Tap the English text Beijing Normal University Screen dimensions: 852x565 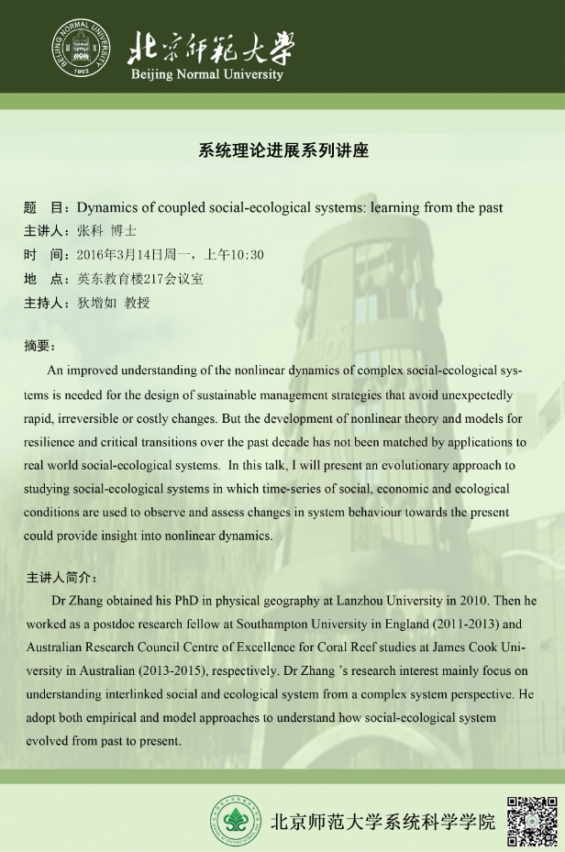207,74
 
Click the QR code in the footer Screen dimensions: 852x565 533,816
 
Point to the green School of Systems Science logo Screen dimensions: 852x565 238,818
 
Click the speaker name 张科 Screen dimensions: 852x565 90,231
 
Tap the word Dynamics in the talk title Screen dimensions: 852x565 106,207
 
